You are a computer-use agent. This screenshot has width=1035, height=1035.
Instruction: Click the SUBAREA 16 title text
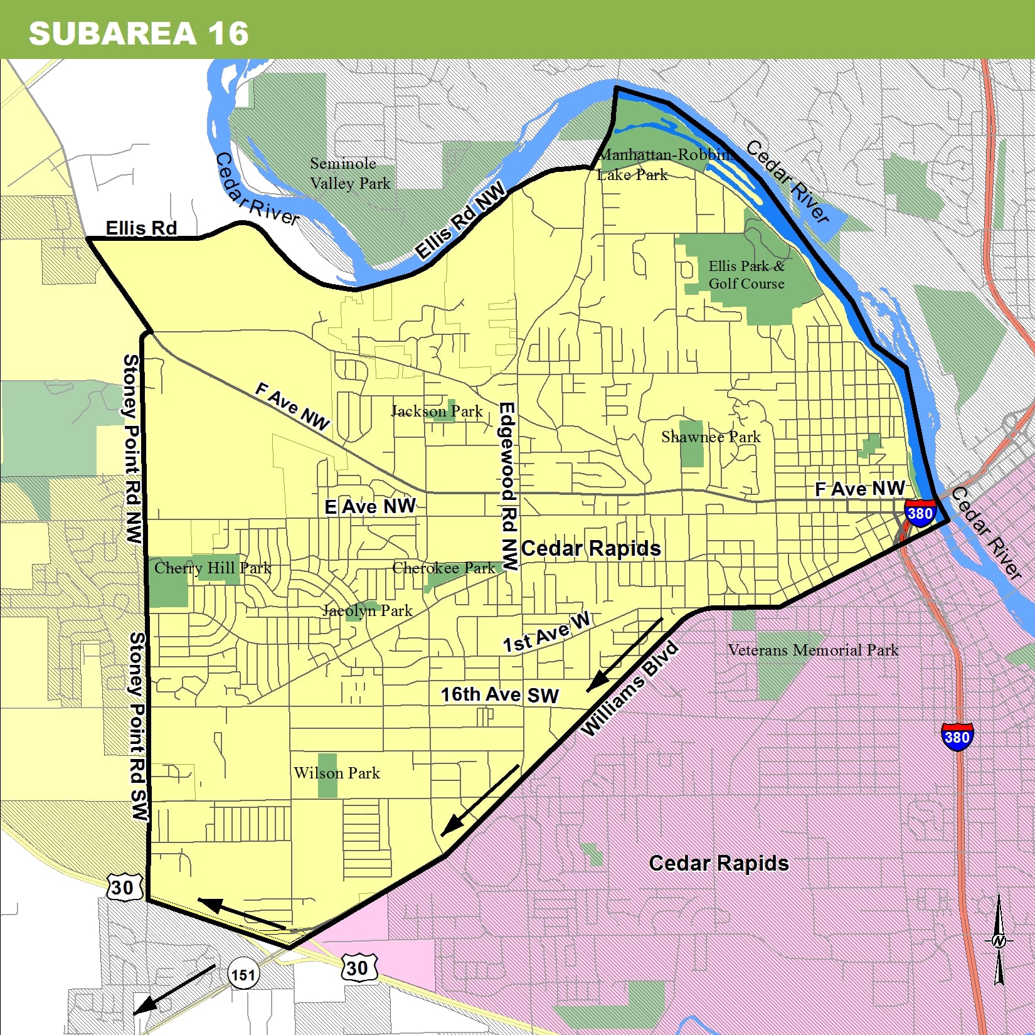tap(139, 33)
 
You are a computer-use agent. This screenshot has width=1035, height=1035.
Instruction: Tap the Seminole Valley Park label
tap(349, 174)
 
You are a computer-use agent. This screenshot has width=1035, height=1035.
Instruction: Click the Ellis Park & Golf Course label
tap(746, 275)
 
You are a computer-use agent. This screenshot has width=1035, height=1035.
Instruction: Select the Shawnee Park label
tap(710, 437)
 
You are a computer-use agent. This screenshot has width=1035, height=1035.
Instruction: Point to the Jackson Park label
tap(437, 411)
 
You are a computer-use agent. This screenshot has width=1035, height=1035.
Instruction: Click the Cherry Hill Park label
tap(213, 568)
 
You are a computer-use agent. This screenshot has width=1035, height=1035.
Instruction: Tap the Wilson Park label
tap(337, 773)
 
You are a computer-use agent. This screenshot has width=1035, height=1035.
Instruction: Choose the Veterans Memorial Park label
tap(813, 650)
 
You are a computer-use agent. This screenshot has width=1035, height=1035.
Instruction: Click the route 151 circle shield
tap(243, 975)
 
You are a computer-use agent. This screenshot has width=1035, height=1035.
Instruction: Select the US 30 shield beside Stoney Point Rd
tap(122, 887)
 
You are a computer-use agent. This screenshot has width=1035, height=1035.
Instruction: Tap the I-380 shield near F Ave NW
tap(920, 513)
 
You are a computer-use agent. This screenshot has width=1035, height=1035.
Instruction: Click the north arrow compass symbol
tap(999, 940)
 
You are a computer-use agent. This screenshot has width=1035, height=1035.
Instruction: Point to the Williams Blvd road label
tap(629, 689)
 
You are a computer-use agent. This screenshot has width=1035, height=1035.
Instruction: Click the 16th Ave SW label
tap(499, 695)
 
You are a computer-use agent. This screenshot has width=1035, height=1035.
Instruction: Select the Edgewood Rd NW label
tap(509, 486)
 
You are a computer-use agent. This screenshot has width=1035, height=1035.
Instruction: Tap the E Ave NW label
tap(370, 506)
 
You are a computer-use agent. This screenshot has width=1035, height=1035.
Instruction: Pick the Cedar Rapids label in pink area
tap(718, 863)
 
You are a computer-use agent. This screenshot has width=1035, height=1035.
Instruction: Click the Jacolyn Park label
tap(368, 610)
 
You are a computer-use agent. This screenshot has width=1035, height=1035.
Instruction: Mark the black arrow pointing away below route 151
tap(174, 989)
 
